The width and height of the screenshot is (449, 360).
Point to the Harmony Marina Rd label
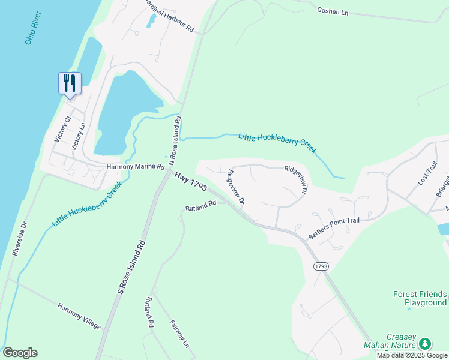(136, 167)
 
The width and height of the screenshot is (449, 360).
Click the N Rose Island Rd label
(175, 142)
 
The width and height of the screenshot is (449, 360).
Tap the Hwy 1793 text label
(191, 182)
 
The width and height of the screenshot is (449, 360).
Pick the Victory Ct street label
(62, 128)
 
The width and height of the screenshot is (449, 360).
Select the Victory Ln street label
(79, 136)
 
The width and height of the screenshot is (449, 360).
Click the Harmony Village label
(79, 316)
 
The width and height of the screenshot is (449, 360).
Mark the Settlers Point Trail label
(333, 229)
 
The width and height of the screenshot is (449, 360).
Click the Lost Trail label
(429, 173)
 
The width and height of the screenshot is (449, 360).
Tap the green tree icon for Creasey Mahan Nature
(425, 343)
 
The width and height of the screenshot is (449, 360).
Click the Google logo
(20, 353)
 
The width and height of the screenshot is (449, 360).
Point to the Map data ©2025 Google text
(412, 355)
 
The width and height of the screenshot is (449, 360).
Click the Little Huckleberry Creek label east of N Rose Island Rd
(277, 143)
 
